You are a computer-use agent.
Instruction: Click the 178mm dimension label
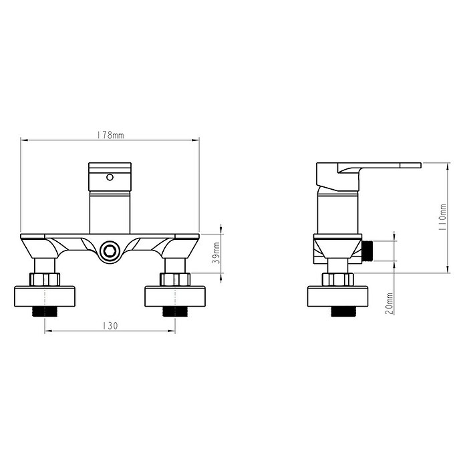110,135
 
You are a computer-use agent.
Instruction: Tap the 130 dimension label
110,326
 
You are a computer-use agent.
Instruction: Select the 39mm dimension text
216,253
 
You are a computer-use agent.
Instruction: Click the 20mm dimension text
389,304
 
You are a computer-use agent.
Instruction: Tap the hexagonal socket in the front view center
110,251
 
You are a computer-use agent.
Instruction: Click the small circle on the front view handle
110,177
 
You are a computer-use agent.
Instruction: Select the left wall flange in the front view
45,296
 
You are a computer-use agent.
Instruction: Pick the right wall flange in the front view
175,296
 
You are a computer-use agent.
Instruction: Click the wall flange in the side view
338,296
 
